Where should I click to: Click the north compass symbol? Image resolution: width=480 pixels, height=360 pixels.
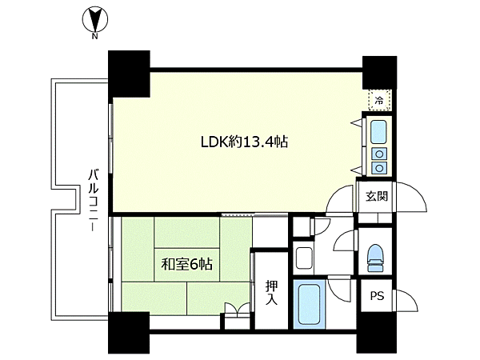95,20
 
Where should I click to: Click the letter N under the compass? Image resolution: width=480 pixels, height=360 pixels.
95,37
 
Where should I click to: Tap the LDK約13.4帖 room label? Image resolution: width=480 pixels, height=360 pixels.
244,142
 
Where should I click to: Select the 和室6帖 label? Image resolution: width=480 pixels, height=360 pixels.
186,264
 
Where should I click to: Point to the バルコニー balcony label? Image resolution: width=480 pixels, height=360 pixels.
94,200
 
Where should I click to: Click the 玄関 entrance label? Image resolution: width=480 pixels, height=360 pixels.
377,196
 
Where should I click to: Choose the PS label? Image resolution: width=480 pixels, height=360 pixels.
377,296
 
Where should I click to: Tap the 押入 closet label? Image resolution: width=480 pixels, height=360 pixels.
271,293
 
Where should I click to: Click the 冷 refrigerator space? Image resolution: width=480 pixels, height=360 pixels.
379,100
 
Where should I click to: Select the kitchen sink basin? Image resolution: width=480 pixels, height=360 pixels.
378,132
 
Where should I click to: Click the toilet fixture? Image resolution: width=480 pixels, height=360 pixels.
375,258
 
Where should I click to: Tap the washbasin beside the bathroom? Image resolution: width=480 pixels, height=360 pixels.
304,258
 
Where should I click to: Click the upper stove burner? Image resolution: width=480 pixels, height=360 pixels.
379,154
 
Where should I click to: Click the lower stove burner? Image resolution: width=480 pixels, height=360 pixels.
379,168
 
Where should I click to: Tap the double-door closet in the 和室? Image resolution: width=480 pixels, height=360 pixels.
238,309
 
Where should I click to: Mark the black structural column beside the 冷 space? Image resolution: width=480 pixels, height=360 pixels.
379,73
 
